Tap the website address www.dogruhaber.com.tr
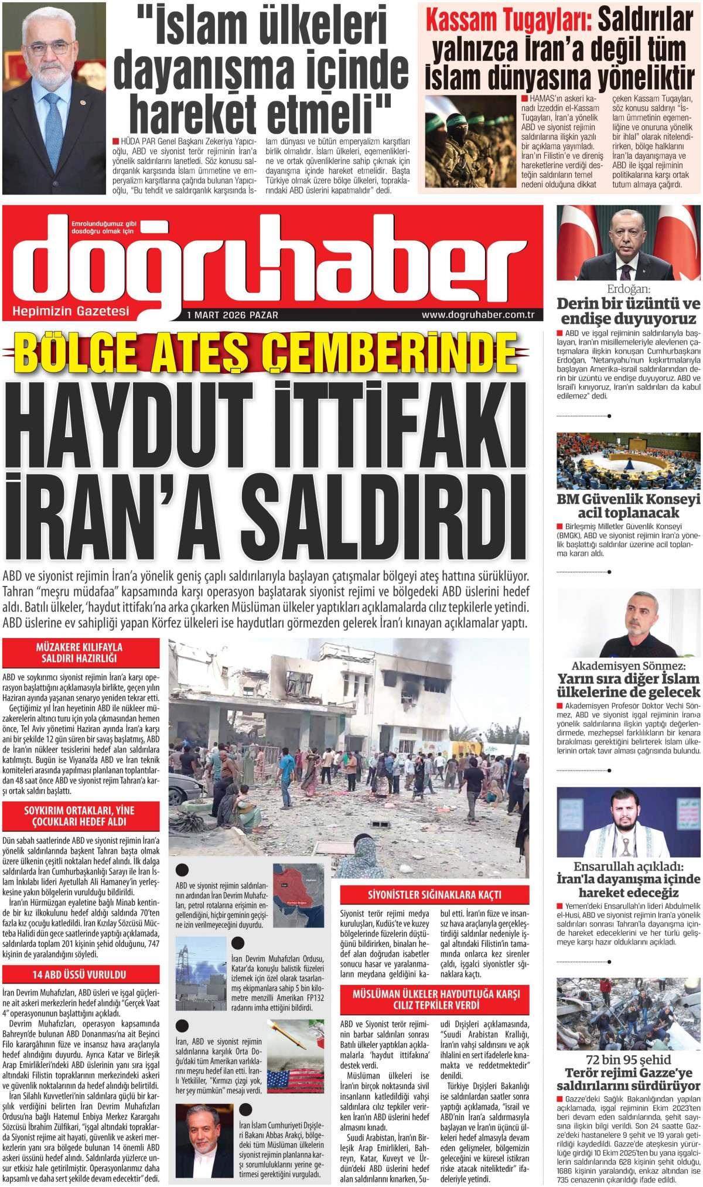[479, 315]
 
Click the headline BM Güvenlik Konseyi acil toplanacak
[628, 507]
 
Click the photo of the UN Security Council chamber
[628, 461]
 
